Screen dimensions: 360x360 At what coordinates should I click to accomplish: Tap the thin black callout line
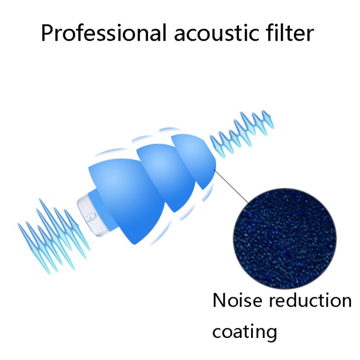(x=233, y=188)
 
